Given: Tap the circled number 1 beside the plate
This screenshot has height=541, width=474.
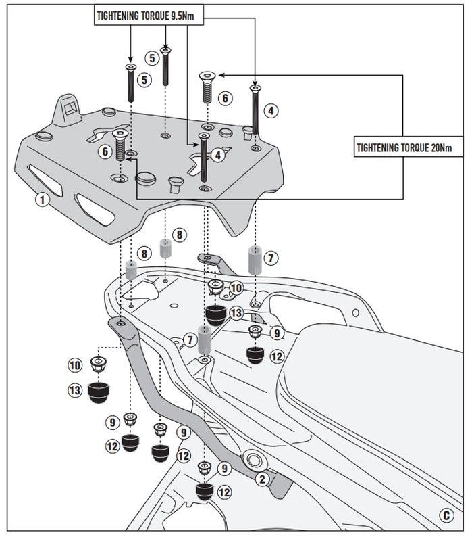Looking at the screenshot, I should click(42, 200).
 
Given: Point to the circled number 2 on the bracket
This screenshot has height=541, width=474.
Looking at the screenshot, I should click(261, 479).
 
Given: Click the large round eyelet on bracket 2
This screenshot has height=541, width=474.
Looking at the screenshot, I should click(255, 463).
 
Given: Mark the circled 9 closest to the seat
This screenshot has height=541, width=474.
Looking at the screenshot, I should click(277, 333).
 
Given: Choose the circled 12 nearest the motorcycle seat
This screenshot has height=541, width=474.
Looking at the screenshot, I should click(277, 356).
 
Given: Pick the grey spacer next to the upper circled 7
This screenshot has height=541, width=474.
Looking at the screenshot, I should click(254, 260).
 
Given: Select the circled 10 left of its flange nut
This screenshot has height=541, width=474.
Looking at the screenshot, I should click(75, 365).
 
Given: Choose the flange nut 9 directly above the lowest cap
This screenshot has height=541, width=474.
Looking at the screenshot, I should click(203, 468).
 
